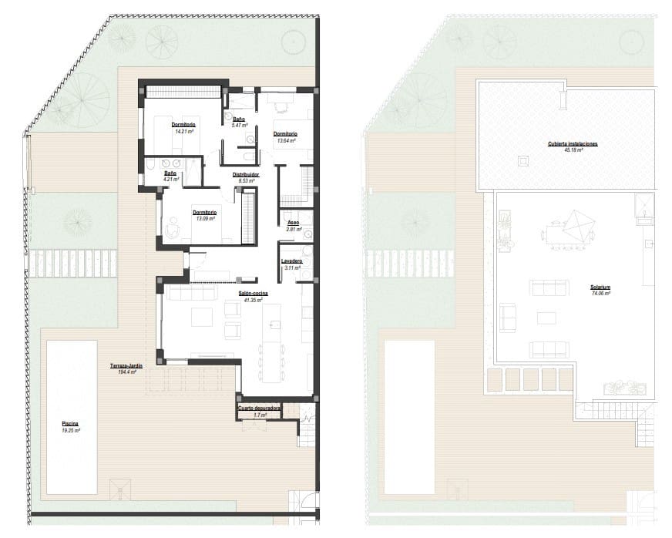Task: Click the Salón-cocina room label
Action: pyautogui.click(x=252, y=292)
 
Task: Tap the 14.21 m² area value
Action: pyautogui.click(x=183, y=132)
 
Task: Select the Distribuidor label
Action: pyautogui.click(x=246, y=175)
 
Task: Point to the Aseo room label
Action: pyautogui.click(x=293, y=222)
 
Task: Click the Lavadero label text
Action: pyautogui.click(x=291, y=261)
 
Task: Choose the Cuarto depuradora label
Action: pyautogui.click(x=259, y=408)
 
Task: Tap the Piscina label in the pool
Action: pyautogui.click(x=70, y=423)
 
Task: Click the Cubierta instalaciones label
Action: pyautogui.click(x=573, y=143)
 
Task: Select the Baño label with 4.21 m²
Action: pyautogui.click(x=170, y=174)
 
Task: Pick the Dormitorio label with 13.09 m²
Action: pyautogui.click(x=204, y=213)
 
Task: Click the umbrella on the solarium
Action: pyautogui.click(x=576, y=227)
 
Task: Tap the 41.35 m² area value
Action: pyautogui.click(x=252, y=299)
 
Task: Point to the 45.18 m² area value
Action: pyautogui.click(x=573, y=150)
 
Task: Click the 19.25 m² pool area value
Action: pyautogui.click(x=70, y=430)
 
